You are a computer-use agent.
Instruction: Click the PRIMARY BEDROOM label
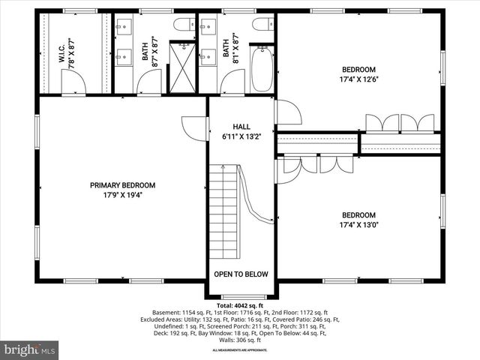click(122, 185)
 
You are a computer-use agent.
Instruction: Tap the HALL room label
click(241, 127)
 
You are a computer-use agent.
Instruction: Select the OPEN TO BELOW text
click(241, 274)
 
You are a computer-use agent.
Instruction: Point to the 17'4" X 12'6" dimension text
click(358, 79)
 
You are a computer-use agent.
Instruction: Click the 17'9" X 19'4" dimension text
click(122, 195)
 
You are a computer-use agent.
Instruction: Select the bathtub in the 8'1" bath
click(262, 68)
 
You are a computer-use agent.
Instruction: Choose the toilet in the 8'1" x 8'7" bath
click(262, 24)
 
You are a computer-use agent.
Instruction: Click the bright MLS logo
click(30, 349)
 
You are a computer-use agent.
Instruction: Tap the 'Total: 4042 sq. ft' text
click(240, 306)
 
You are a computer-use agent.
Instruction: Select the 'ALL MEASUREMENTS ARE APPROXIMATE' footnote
click(240, 350)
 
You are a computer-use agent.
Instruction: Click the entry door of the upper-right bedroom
click(288, 112)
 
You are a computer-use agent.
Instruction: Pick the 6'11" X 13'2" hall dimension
click(241, 136)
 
